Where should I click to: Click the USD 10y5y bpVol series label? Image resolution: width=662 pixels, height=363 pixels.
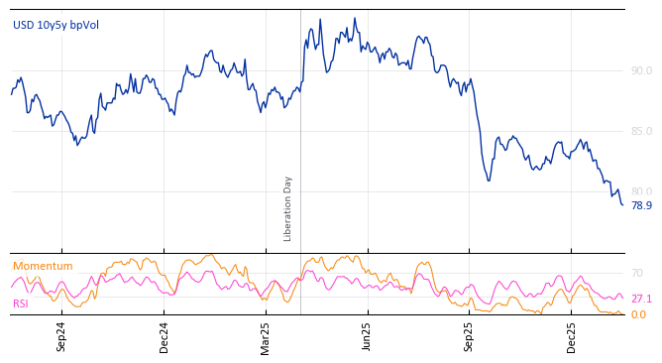coord(55,25)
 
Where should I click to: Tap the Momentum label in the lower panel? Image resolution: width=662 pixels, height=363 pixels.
coord(43,266)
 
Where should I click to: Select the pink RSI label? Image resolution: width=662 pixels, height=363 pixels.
coord(20,303)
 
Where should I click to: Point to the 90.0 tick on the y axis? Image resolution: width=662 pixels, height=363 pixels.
coord(641,70)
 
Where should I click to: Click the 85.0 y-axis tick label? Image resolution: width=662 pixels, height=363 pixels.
coord(641,131)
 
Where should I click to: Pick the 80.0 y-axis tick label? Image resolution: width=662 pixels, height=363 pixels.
coord(641,191)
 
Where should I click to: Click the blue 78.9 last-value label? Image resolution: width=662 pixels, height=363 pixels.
coord(641,205)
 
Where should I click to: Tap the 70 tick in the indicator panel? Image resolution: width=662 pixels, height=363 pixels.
coord(637,273)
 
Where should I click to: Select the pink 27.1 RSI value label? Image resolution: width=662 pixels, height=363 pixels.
coord(641,299)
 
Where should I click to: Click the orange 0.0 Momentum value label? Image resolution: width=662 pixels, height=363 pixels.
coord(639,314)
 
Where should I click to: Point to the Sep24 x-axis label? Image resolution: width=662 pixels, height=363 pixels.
coord(61,336)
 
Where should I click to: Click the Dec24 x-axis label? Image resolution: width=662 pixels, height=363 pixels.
coord(164,336)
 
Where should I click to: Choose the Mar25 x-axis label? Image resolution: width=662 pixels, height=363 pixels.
coord(266,336)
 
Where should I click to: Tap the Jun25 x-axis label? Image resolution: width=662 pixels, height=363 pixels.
coord(368,336)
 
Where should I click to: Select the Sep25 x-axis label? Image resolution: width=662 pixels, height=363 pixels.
coord(469,336)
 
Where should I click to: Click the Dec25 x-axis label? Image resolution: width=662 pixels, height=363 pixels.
coord(571,336)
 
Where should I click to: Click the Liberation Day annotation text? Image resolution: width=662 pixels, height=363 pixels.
coord(288,208)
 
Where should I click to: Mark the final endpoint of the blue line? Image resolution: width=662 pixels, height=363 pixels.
coord(622,204)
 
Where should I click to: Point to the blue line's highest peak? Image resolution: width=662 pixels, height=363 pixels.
coord(354,18)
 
